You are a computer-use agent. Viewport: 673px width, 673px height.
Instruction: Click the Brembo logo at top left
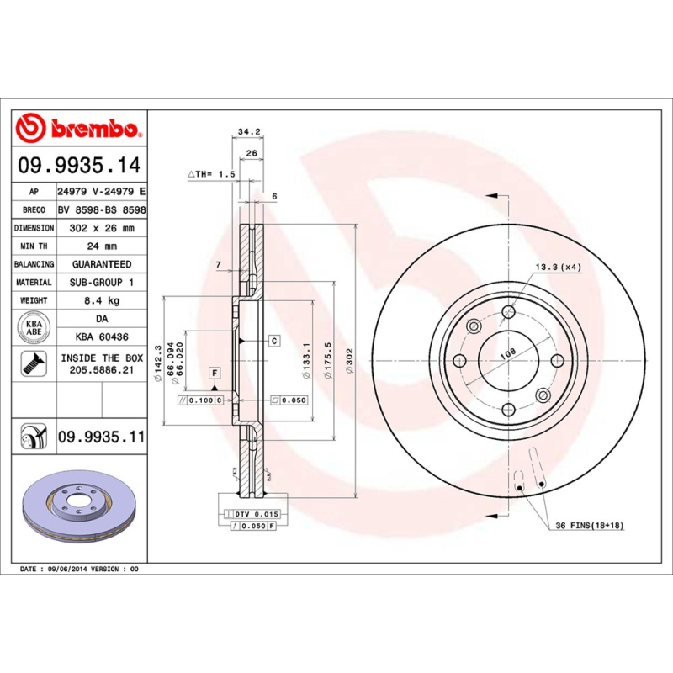tap(80, 129)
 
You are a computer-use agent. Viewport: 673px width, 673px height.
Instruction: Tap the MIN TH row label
tap(34, 246)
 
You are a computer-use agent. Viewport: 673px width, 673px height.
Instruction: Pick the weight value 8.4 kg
tap(101, 300)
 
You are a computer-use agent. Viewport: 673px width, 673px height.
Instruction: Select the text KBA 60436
tap(101, 336)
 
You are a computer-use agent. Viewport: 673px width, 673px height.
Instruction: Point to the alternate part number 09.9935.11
tap(101, 437)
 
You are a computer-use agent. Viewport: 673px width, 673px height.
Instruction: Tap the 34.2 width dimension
tap(248, 132)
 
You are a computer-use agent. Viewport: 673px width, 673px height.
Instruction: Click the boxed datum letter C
tap(274, 341)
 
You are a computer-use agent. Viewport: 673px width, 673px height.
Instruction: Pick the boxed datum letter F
tap(215, 372)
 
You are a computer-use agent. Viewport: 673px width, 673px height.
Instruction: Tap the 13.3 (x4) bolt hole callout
tap(559, 267)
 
